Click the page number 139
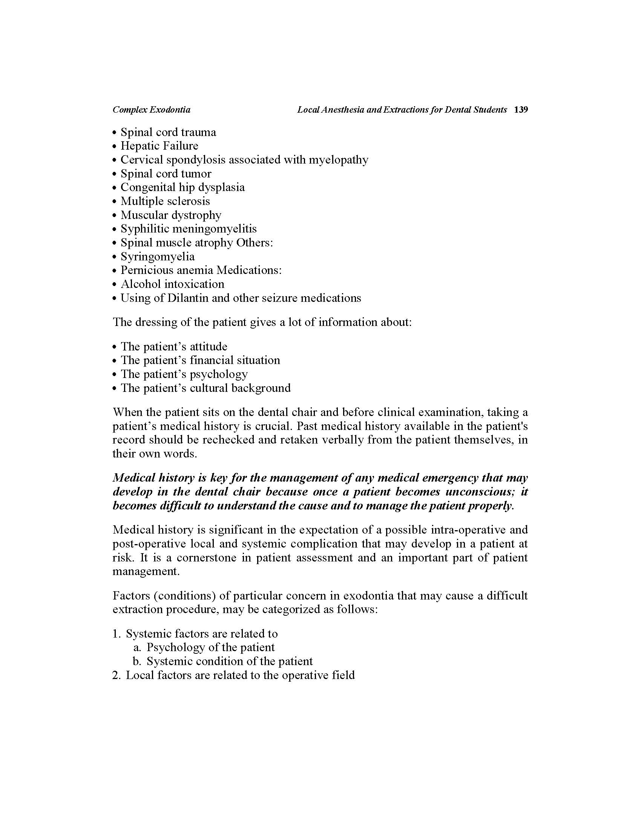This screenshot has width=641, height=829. pos(521,110)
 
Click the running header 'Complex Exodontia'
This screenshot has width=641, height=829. pos(152,110)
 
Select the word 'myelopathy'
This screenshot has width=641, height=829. pos(338,160)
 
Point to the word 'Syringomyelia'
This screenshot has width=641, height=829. pos(158,257)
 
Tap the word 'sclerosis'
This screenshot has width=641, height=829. pos(189,201)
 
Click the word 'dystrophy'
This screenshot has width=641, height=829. pos(196,215)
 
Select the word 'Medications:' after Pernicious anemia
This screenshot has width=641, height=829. pos(249,270)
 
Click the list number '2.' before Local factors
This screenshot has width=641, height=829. pos(116,675)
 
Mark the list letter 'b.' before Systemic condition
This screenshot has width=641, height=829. pos(137,661)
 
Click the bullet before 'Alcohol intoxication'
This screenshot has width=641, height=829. pos(114,284)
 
